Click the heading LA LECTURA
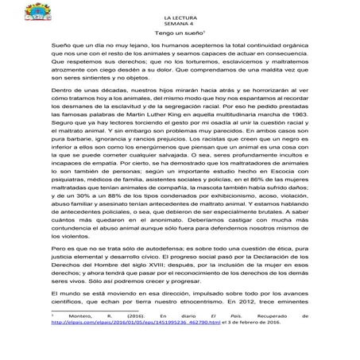point(180,17)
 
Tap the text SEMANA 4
point(180,25)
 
